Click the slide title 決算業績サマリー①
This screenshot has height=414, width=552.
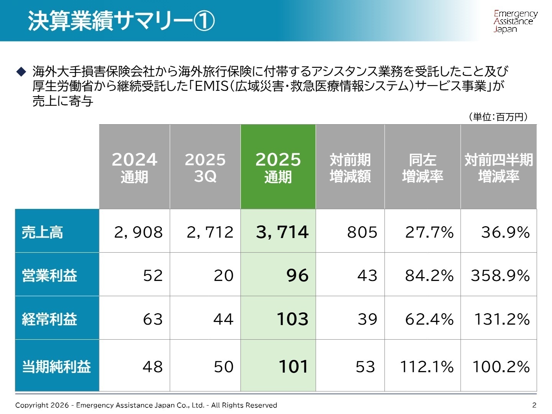click(x=121, y=21)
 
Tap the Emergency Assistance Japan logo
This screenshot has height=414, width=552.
click(x=515, y=21)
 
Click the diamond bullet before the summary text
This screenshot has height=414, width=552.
click(x=21, y=71)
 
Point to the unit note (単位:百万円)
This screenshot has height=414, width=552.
click(x=498, y=117)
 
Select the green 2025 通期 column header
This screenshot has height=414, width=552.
click(x=278, y=167)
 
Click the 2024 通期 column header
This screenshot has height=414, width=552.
click(x=134, y=167)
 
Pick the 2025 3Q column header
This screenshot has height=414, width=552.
click(x=205, y=167)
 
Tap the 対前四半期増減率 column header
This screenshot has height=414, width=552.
click(x=498, y=167)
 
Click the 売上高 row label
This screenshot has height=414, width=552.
click(x=42, y=232)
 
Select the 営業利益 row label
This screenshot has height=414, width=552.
click(x=49, y=275)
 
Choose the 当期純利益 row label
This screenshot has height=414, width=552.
click(x=56, y=366)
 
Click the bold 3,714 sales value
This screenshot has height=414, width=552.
click(x=282, y=232)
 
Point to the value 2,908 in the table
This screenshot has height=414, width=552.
click(x=138, y=232)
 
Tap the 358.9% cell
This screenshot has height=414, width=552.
click(x=500, y=275)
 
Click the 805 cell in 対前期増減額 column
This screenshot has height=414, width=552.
click(x=362, y=232)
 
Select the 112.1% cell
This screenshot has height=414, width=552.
click(x=427, y=366)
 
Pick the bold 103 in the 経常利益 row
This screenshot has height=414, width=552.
click(x=292, y=319)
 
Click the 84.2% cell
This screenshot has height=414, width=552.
click(x=429, y=275)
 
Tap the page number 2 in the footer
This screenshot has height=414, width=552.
click(x=534, y=405)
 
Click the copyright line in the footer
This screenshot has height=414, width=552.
click(x=146, y=405)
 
